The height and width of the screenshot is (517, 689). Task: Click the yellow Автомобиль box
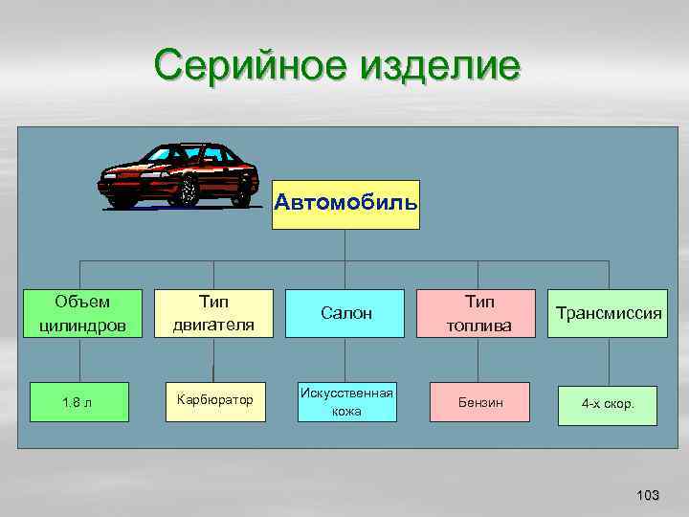click(x=345, y=204)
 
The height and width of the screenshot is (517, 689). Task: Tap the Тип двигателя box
click(x=213, y=313)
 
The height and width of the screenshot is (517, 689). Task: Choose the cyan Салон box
click(x=345, y=313)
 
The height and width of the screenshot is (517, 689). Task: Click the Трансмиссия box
click(x=607, y=313)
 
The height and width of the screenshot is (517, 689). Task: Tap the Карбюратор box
click(x=213, y=398)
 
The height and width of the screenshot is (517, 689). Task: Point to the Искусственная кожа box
click(x=345, y=402)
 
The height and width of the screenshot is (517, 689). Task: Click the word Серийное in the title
click(x=250, y=66)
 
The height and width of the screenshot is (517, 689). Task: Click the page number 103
click(x=648, y=495)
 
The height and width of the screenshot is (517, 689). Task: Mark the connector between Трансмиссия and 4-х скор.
click(x=607, y=362)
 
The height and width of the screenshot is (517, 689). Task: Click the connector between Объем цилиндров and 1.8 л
click(x=79, y=360)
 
